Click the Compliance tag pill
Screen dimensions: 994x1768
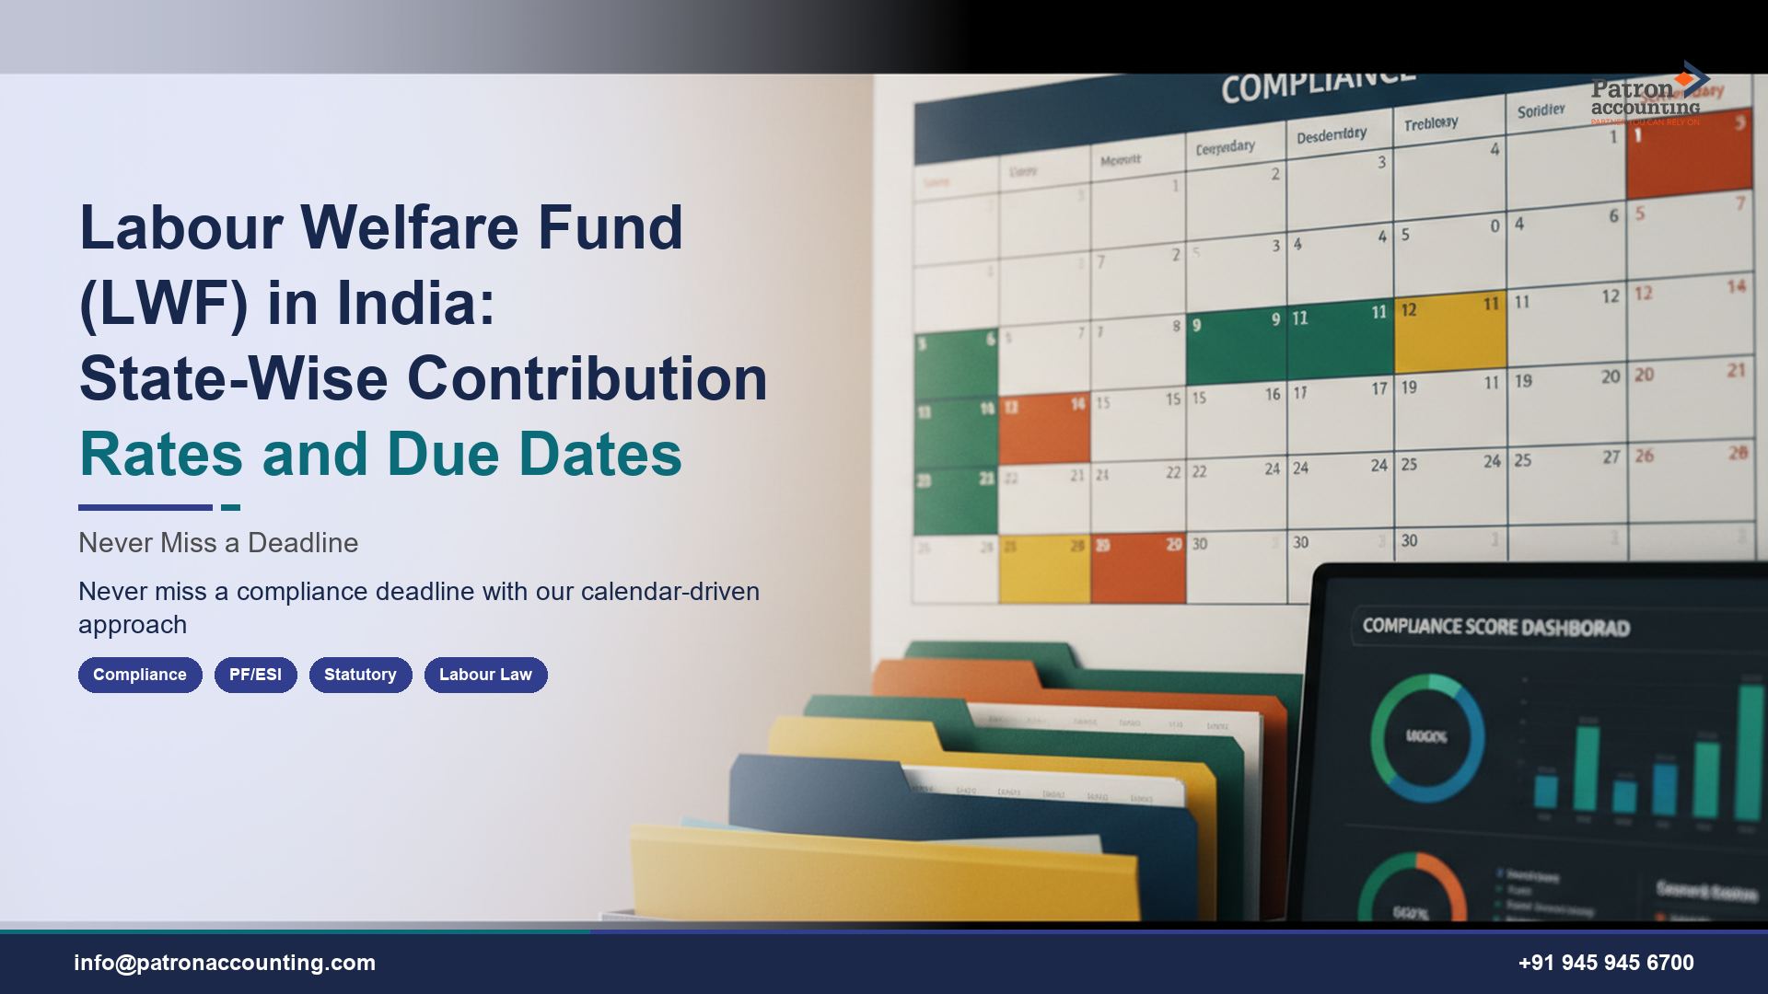pos(140,675)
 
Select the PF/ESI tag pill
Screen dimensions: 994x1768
pos(255,675)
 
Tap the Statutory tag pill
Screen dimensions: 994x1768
pos(360,675)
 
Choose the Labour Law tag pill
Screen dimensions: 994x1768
pos(485,675)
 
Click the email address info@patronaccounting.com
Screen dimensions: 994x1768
pos(225,963)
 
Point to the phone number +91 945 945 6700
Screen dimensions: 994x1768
pos(1606,963)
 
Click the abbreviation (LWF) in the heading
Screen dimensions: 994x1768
pos(164,304)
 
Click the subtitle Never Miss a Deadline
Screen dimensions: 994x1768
pos(218,543)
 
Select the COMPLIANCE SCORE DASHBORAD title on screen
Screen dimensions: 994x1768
pos(1495,627)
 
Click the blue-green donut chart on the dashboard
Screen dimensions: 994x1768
pos(1426,737)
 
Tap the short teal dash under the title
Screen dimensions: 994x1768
pos(230,507)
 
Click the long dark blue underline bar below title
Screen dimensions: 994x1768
pos(145,507)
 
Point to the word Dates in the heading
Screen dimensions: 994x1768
pos(599,455)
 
